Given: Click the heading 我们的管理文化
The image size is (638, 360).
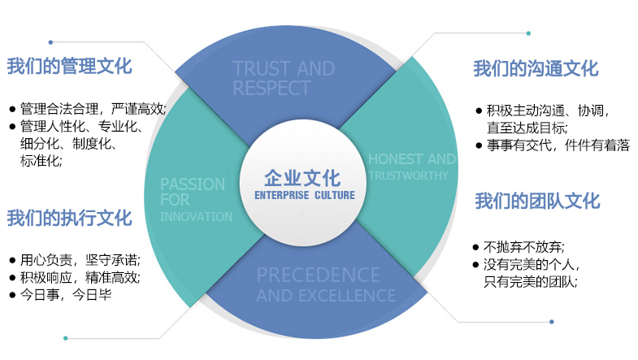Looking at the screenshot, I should coord(69,67).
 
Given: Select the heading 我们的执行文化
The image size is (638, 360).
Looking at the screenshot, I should coord(69,218).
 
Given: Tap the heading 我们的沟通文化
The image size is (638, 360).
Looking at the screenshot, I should coord(536,69).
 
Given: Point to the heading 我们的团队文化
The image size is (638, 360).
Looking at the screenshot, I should coord(537,200).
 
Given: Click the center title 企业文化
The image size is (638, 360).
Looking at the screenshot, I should coord(302,178).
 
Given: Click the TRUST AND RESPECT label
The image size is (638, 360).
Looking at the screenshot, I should coord(283,78).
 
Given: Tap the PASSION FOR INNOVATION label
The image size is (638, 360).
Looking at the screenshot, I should coord(195,199).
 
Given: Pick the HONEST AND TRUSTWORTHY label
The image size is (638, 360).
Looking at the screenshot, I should coord(411,167).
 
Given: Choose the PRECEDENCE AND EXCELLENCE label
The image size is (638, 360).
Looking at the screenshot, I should coord(325,284).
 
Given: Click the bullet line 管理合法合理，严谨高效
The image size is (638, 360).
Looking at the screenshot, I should coord(93,108).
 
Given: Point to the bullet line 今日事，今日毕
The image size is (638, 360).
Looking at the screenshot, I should coord(65,294).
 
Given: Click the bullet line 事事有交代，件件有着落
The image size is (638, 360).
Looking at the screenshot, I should coord(552,145).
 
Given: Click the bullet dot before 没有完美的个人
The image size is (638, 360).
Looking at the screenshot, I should coord(476,265).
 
